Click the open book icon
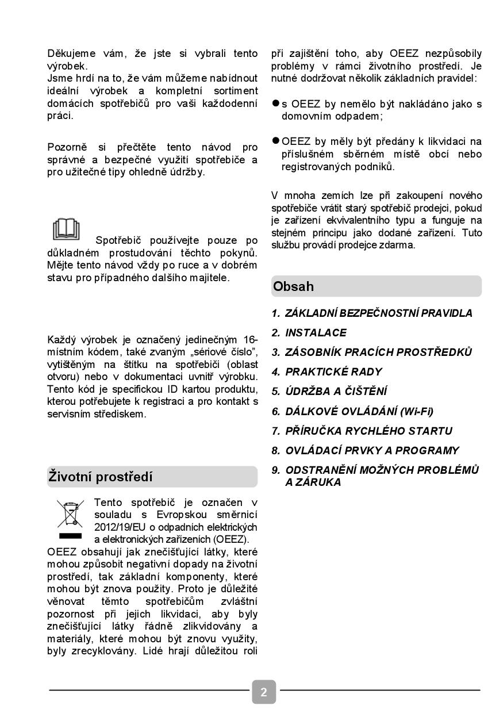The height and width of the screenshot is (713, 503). [66, 229]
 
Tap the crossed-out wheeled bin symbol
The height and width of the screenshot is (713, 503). [70, 514]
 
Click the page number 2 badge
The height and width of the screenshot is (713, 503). [264, 692]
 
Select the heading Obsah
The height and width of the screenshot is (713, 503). [294, 286]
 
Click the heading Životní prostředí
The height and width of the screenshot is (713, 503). [101, 477]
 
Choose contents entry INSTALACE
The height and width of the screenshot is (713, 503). [316, 333]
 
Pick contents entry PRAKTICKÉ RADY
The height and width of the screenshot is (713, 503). [333, 372]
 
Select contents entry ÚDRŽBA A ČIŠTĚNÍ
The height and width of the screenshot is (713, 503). [336, 392]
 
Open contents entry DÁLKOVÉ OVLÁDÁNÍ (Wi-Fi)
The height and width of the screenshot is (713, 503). [359, 411]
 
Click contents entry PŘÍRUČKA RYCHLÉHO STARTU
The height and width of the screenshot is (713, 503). [368, 431]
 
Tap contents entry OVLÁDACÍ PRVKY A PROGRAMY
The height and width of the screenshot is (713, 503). [372, 450]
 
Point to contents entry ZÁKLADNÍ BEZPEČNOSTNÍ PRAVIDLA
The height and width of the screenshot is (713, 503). [379, 313]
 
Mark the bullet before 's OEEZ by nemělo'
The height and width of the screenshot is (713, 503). [276, 103]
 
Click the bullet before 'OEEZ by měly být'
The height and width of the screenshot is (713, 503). [276, 140]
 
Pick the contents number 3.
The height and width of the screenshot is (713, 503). [275, 352]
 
